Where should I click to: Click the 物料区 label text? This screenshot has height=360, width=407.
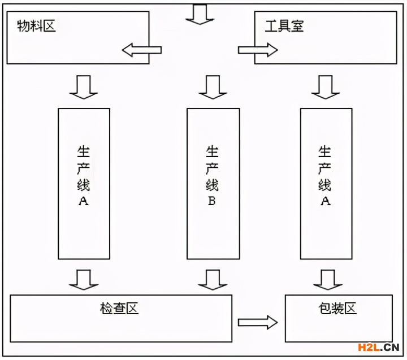point(36,26)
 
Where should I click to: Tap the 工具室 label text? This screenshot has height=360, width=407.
point(284,26)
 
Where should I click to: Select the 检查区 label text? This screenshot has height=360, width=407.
point(119,308)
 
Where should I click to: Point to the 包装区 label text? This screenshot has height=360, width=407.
point(337,309)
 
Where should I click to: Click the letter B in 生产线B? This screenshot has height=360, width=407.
point(211,201)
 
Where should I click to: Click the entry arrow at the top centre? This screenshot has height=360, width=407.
point(200,14)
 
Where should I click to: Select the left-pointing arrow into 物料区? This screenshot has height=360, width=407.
point(141,50)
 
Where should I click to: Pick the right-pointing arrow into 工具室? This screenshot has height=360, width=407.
point(258,50)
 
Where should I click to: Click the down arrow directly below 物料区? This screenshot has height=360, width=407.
point(84,87)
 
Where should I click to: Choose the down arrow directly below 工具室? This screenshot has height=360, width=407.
point(326,87)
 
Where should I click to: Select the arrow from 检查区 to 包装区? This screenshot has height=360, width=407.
point(258,322)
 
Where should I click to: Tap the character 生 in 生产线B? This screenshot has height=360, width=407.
point(212,151)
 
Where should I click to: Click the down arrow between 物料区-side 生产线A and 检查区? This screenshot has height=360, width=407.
point(84,279)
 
